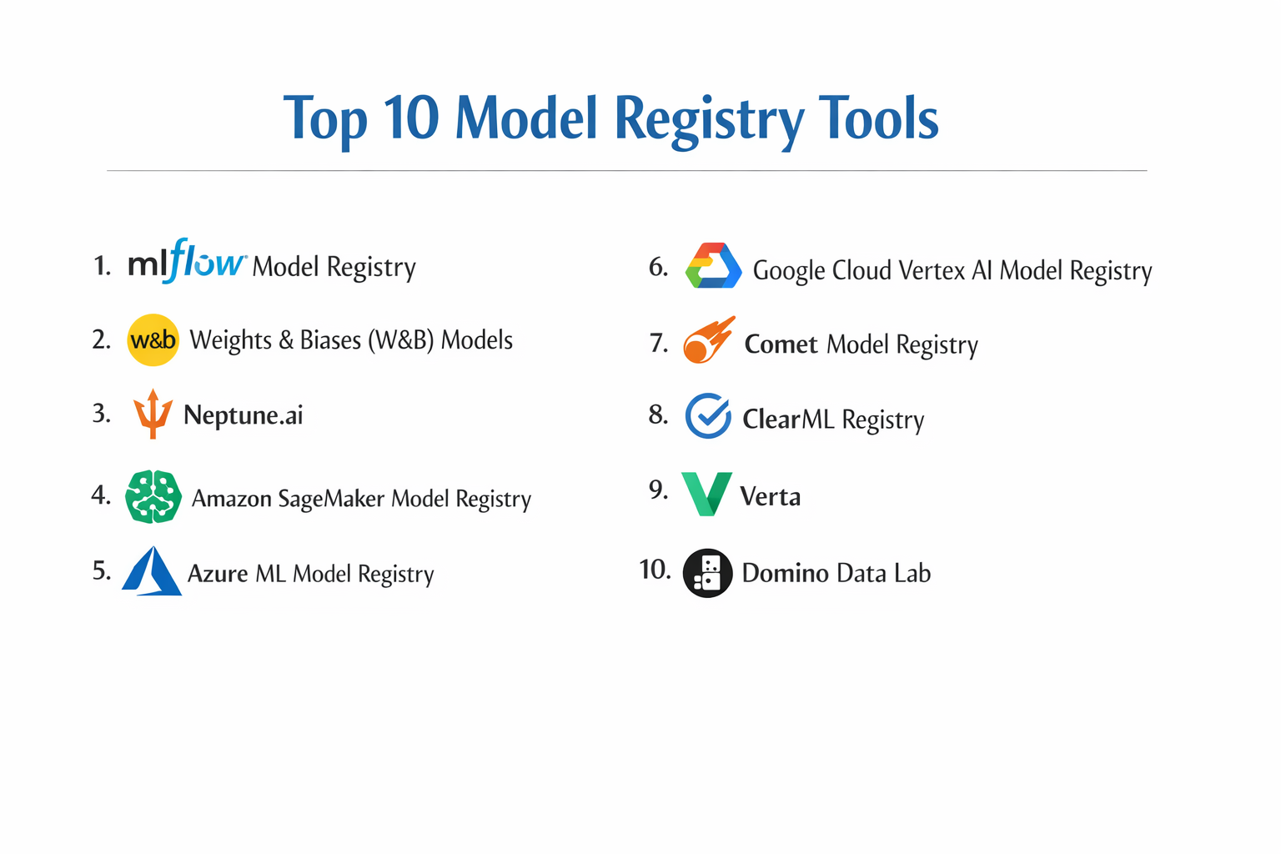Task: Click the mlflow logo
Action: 187,261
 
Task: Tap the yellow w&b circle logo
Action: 153,340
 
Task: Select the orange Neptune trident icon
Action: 153,414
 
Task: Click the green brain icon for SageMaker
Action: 153,497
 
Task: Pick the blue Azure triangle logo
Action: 152,571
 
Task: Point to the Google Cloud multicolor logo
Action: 713,266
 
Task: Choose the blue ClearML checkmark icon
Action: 708,416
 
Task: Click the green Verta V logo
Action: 706,493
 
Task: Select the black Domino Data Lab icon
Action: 707,573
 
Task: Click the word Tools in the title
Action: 878,118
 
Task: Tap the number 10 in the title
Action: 411,118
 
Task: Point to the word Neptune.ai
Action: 243,415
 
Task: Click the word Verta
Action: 770,497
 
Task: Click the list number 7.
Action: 659,343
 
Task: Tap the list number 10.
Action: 655,570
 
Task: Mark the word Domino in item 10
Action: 785,574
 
